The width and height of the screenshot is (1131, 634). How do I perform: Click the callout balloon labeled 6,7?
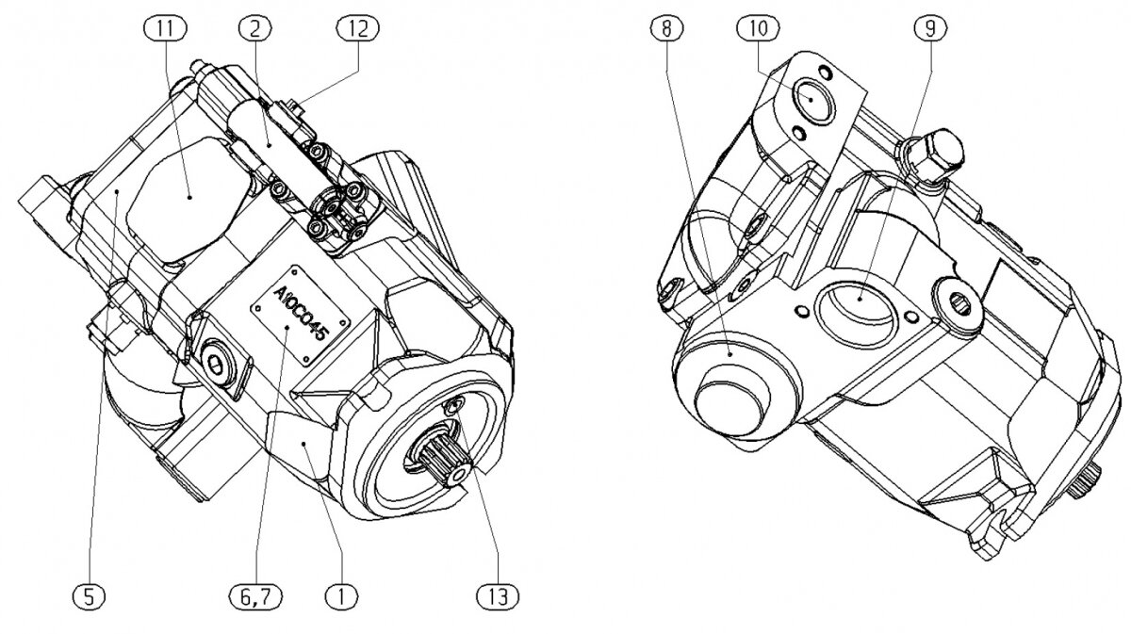click(x=255, y=594)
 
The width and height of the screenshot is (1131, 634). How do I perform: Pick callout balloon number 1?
click(x=340, y=594)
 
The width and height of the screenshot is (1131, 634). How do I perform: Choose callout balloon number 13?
click(x=499, y=594)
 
